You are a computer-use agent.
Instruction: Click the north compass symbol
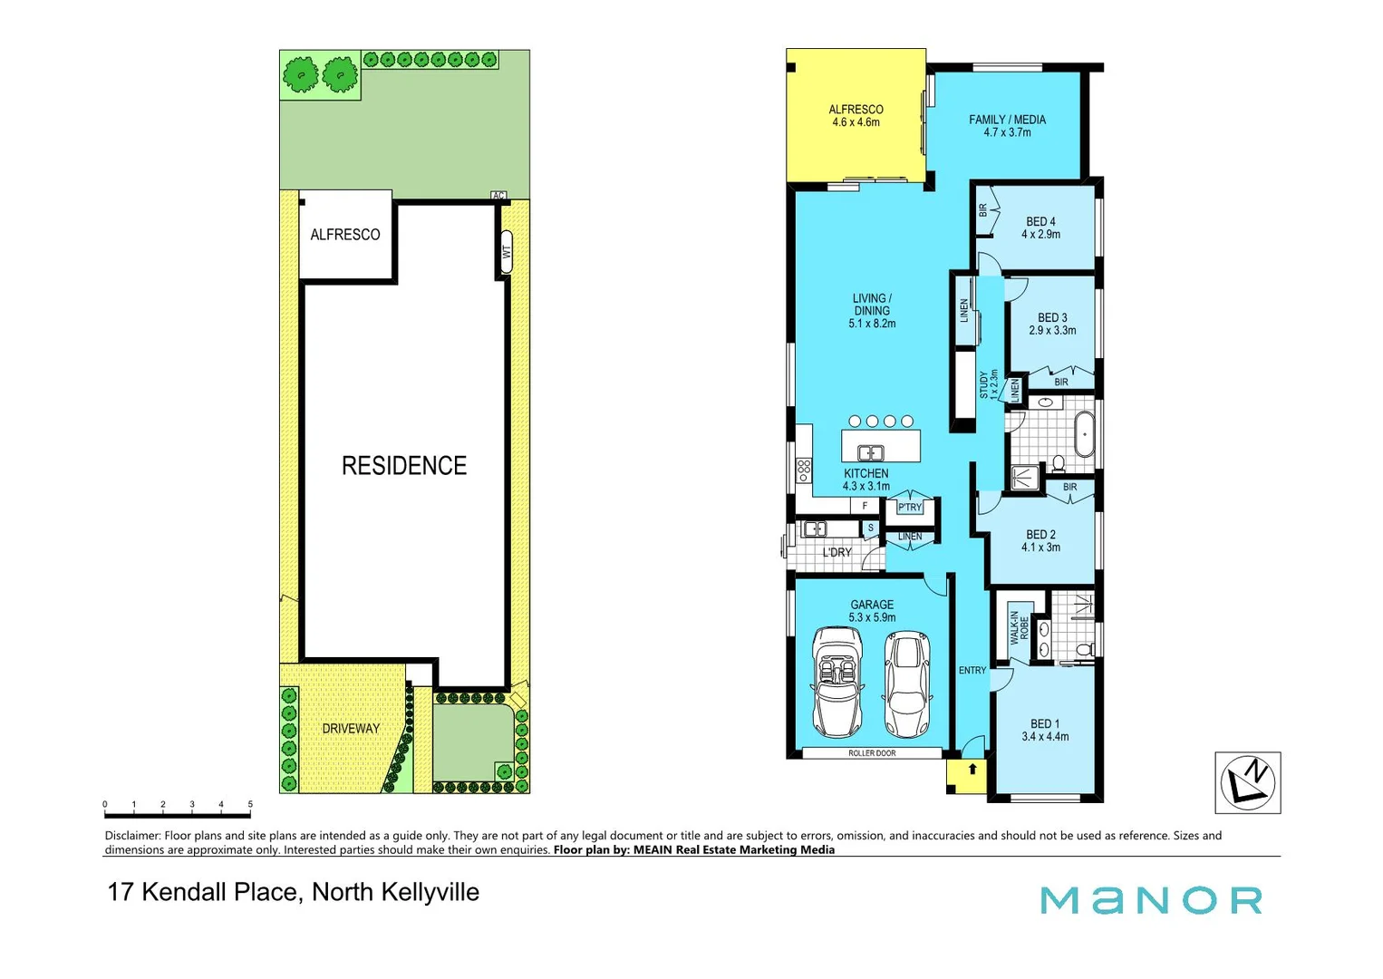(x=1247, y=782)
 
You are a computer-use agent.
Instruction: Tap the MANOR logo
(x=1151, y=900)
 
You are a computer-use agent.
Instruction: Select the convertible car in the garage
(x=837, y=682)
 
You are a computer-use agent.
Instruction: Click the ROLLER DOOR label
(x=872, y=753)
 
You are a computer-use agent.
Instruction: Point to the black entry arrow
(x=972, y=770)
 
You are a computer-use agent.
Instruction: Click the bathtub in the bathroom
(x=1084, y=434)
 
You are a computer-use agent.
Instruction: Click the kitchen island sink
(x=870, y=451)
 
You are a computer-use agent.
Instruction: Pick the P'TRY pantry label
(x=909, y=508)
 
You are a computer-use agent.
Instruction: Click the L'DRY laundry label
(x=837, y=552)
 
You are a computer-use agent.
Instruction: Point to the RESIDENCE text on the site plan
(x=404, y=466)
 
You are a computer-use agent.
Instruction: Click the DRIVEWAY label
(x=351, y=729)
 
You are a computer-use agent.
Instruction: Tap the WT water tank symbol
(x=507, y=251)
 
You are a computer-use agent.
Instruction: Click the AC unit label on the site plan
(x=498, y=195)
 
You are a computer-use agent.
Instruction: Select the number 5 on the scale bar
(x=250, y=804)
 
